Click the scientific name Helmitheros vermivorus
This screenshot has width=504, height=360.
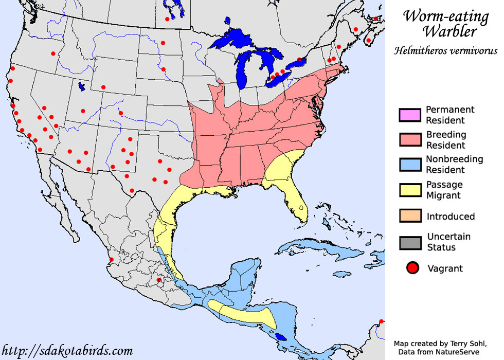coord(445,50)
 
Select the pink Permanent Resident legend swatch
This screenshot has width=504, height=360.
coord(409,115)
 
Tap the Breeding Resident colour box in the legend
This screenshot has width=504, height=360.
coord(409,140)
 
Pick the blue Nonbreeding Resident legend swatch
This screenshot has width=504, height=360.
coord(409,165)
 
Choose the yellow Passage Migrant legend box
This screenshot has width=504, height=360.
coord(409,190)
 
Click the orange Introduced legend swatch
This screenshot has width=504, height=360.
coord(409,216)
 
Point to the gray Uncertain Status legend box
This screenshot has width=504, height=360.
coord(409,242)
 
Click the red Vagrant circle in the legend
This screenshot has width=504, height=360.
coord(411,268)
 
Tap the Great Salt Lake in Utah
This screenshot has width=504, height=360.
coord(81,87)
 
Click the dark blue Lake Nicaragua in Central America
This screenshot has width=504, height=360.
coord(281,337)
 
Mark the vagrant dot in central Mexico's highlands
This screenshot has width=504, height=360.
coord(159,280)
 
